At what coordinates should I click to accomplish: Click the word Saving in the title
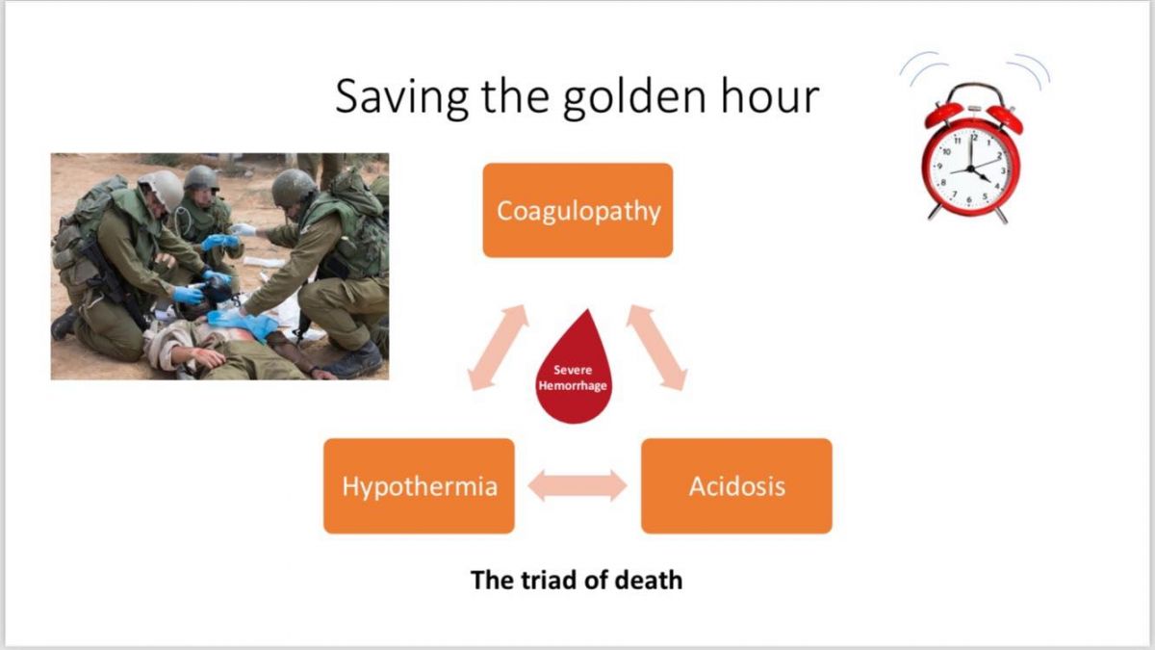[401, 97]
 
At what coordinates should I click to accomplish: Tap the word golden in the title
[634, 97]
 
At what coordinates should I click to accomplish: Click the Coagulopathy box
[577, 210]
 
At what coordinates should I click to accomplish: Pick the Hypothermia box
[419, 486]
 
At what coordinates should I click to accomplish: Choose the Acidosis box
[736, 486]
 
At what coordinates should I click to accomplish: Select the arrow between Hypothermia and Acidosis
[577, 485]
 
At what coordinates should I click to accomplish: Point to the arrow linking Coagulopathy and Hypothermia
[498, 348]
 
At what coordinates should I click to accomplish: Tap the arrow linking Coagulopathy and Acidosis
[656, 348]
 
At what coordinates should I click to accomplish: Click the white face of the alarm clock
[970, 169]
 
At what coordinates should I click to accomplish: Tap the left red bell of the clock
[943, 114]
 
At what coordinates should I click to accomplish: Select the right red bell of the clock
[1005, 118]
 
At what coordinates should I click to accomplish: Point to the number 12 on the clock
[973, 138]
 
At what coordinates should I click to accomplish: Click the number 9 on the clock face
[940, 166]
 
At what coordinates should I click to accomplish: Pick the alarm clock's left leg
[935, 212]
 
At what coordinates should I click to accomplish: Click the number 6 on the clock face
[969, 199]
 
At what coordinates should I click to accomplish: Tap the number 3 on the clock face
[1003, 170]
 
